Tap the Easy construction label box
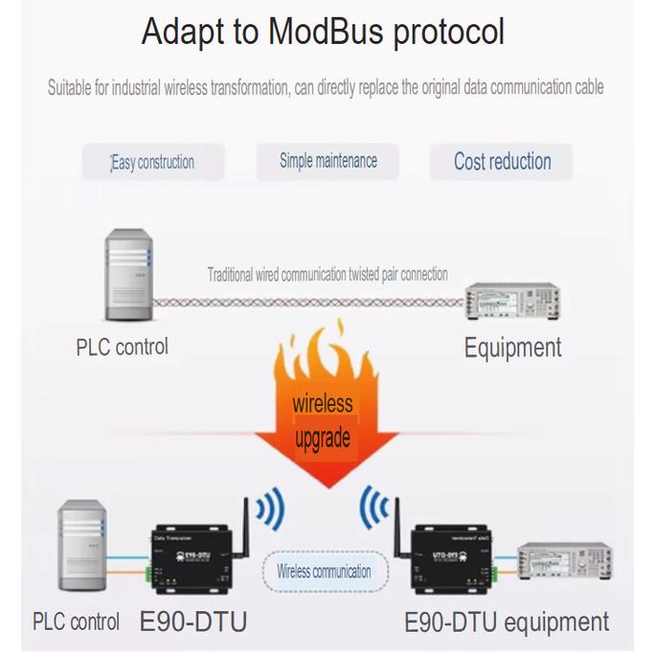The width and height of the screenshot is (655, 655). point(154,162)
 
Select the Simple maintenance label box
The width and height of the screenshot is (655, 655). point(328,161)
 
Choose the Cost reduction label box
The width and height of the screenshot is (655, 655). point(502,161)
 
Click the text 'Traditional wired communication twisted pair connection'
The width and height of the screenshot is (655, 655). point(327,275)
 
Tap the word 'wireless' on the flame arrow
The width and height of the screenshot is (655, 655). point(322,403)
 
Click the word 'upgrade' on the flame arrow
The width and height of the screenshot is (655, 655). point(322,439)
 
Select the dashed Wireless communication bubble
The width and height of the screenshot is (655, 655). point(324,572)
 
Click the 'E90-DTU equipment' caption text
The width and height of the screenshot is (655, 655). point(507,621)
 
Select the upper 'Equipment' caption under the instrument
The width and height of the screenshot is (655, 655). point(512,347)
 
